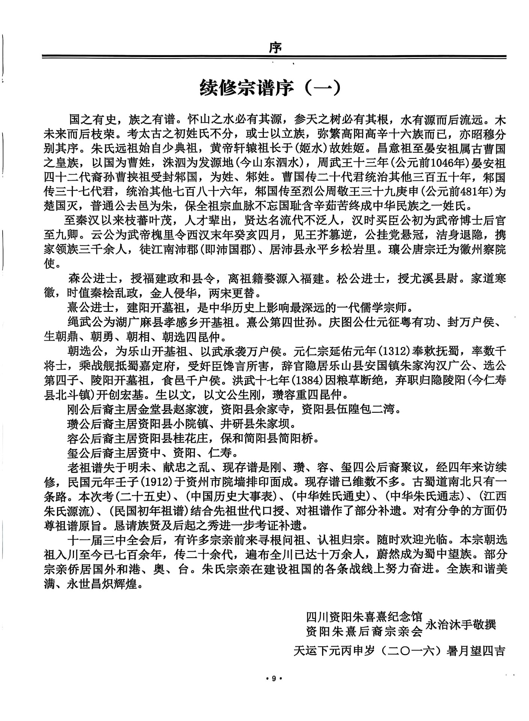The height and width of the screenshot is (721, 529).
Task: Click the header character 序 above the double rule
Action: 276,48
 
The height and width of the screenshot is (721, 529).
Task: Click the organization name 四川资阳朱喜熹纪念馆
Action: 364,617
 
